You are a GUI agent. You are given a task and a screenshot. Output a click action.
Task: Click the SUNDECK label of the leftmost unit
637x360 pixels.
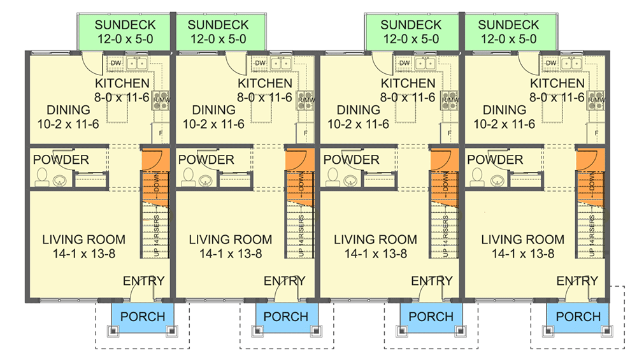pyautogui.click(x=124, y=25)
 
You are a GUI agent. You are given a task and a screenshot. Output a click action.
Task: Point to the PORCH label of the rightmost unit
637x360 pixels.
pyautogui.click(x=578, y=317)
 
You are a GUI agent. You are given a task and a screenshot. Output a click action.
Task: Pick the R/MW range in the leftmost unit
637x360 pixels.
pyautogui.click(x=160, y=100)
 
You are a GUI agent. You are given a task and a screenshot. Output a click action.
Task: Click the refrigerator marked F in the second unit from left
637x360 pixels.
pyautogui.click(x=306, y=133)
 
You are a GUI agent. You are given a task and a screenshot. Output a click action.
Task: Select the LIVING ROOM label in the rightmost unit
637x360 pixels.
pyautogui.click(x=522, y=240)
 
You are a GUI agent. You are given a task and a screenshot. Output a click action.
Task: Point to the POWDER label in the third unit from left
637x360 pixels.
pyautogui.click(x=350, y=160)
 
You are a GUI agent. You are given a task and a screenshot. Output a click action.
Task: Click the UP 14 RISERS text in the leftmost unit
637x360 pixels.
pyautogui.click(x=156, y=236)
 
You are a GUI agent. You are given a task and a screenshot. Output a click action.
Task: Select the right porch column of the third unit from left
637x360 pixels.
pyautogui.click(x=459, y=331)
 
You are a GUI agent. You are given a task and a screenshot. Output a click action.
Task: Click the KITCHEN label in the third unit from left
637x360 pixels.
pyautogui.click(x=408, y=83)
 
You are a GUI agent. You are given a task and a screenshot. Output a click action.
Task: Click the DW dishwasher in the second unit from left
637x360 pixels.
pyautogui.click(x=260, y=63)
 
